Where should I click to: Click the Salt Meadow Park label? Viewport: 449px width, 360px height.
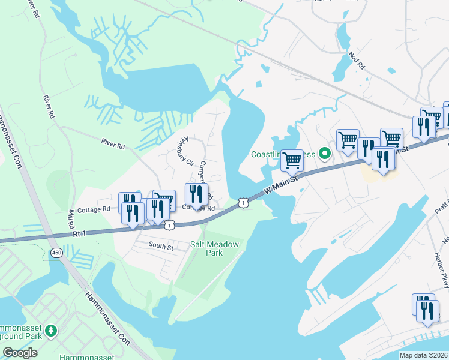tap(214, 248)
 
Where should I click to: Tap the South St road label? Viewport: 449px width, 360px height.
tap(161, 246)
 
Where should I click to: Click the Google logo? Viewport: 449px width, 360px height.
tap(20, 353)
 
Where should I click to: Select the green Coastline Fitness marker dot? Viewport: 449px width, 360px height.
tap(325, 154)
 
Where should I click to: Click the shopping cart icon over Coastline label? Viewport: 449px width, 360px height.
tap(292, 160)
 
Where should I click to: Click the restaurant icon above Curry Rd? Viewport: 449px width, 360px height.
tap(196, 194)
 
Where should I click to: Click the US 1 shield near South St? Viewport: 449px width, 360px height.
tap(170, 225)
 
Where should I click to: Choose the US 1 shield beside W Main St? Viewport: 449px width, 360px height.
tap(241, 202)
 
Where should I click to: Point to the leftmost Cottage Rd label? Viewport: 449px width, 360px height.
tap(97, 209)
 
